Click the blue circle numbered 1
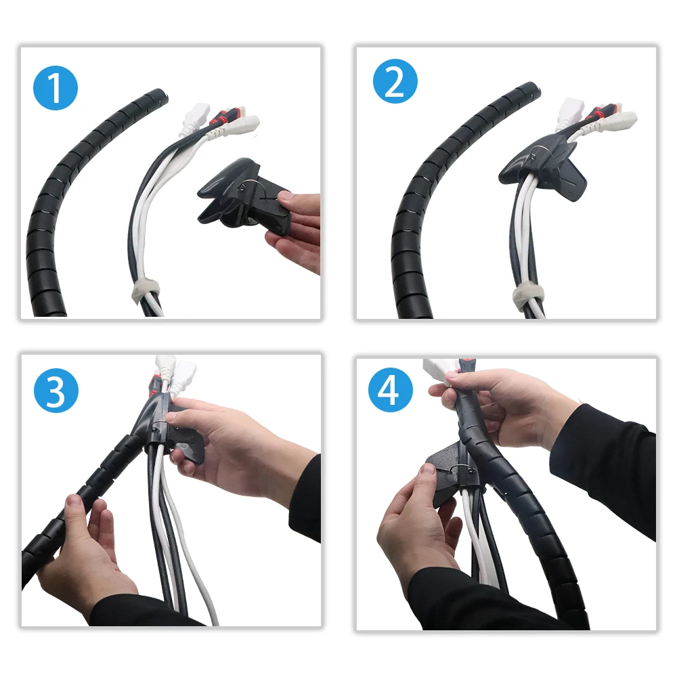click(x=56, y=88)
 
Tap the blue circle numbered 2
click(x=395, y=81)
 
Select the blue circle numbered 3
click(x=56, y=391)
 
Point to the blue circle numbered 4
click(x=391, y=390)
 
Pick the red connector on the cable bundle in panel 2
click(x=596, y=113)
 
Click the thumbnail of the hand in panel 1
click(x=285, y=197)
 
